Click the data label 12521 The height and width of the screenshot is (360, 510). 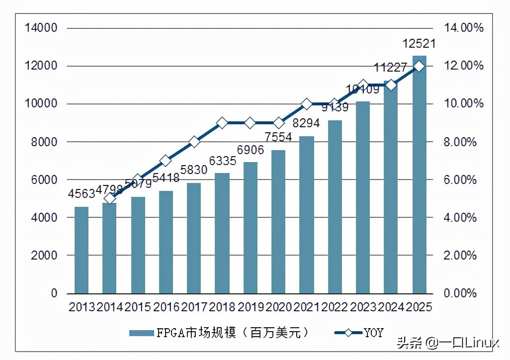click(419, 44)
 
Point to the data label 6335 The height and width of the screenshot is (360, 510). click(222, 162)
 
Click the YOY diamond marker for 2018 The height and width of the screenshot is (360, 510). click(222, 123)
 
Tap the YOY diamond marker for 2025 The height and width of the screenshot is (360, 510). click(419, 66)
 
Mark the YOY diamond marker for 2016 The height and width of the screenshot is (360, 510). click(166, 161)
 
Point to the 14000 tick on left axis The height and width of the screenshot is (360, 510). click(41, 28)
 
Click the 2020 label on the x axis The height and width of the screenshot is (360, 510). click(278, 307)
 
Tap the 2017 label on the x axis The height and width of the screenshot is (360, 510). click(194, 307)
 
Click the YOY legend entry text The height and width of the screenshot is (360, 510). click(373, 333)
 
